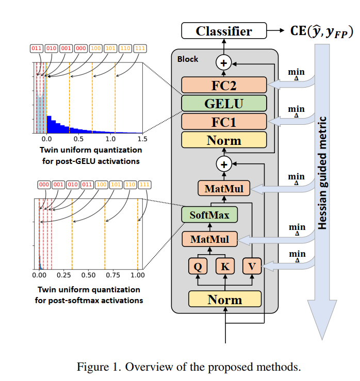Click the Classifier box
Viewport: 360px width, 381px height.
click(x=224, y=31)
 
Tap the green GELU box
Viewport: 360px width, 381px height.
click(x=224, y=103)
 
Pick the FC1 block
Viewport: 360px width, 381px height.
click(x=224, y=122)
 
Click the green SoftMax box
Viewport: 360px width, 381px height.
click(x=209, y=214)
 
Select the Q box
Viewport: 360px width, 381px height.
click(x=198, y=266)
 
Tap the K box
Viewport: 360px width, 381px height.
click(x=225, y=266)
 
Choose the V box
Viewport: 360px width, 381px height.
click(x=252, y=266)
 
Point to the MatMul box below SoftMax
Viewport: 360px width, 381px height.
click(x=209, y=239)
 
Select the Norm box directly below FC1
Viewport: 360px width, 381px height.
click(x=224, y=140)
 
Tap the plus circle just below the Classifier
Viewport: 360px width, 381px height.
click(x=224, y=62)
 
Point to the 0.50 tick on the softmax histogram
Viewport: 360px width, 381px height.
click(x=88, y=275)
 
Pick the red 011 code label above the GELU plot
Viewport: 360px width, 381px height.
click(x=36, y=48)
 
